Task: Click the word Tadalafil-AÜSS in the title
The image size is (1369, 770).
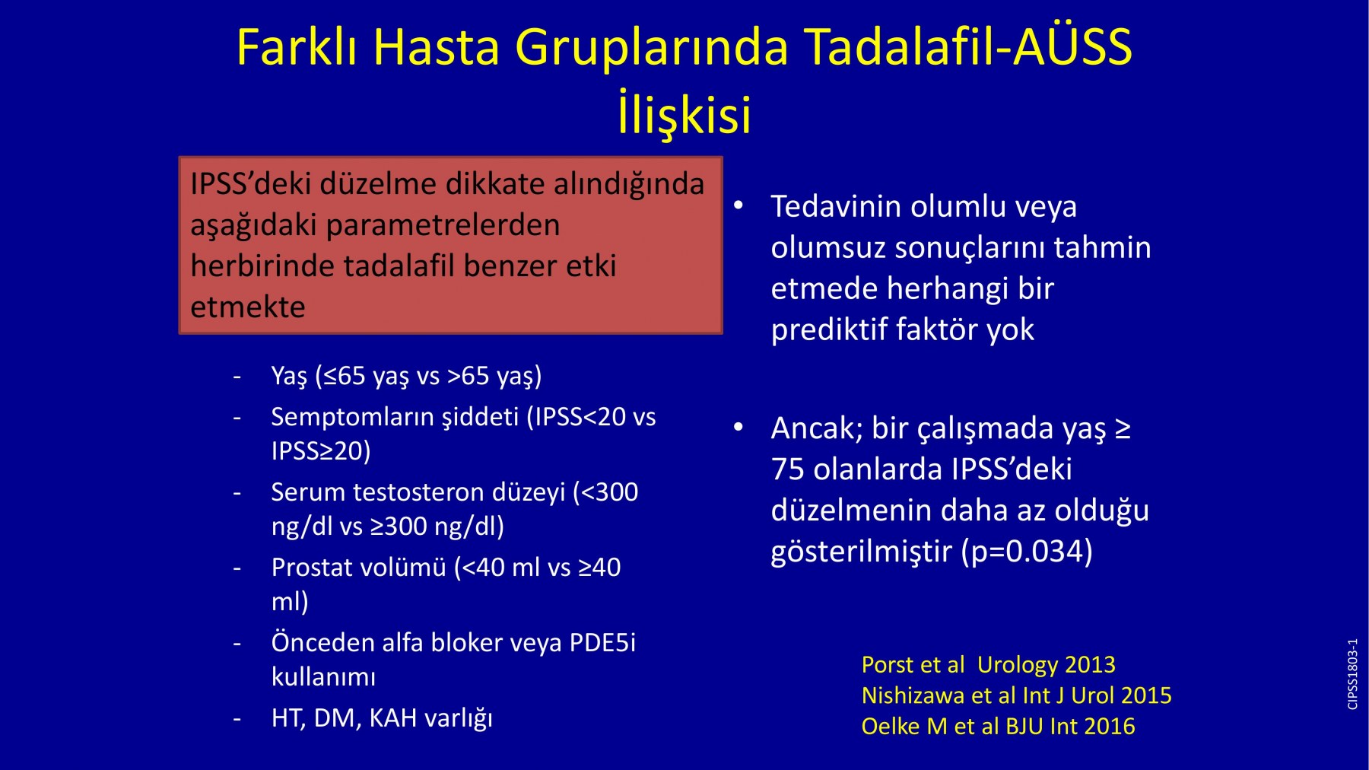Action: tap(968, 47)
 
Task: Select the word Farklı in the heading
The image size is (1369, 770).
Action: tap(298, 47)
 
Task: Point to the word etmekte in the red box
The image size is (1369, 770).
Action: tap(248, 307)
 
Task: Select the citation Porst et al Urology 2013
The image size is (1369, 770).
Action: tap(989, 665)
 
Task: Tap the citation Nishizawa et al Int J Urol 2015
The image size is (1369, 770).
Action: tap(1017, 695)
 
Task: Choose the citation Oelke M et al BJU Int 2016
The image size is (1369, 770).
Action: tap(998, 727)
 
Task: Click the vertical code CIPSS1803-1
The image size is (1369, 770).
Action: tap(1352, 674)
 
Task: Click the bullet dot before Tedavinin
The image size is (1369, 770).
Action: tap(738, 205)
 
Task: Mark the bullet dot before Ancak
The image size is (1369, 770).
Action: tap(738, 428)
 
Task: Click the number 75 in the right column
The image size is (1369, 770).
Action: tap(787, 469)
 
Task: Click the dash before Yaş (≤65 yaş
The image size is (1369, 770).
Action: tap(238, 377)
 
